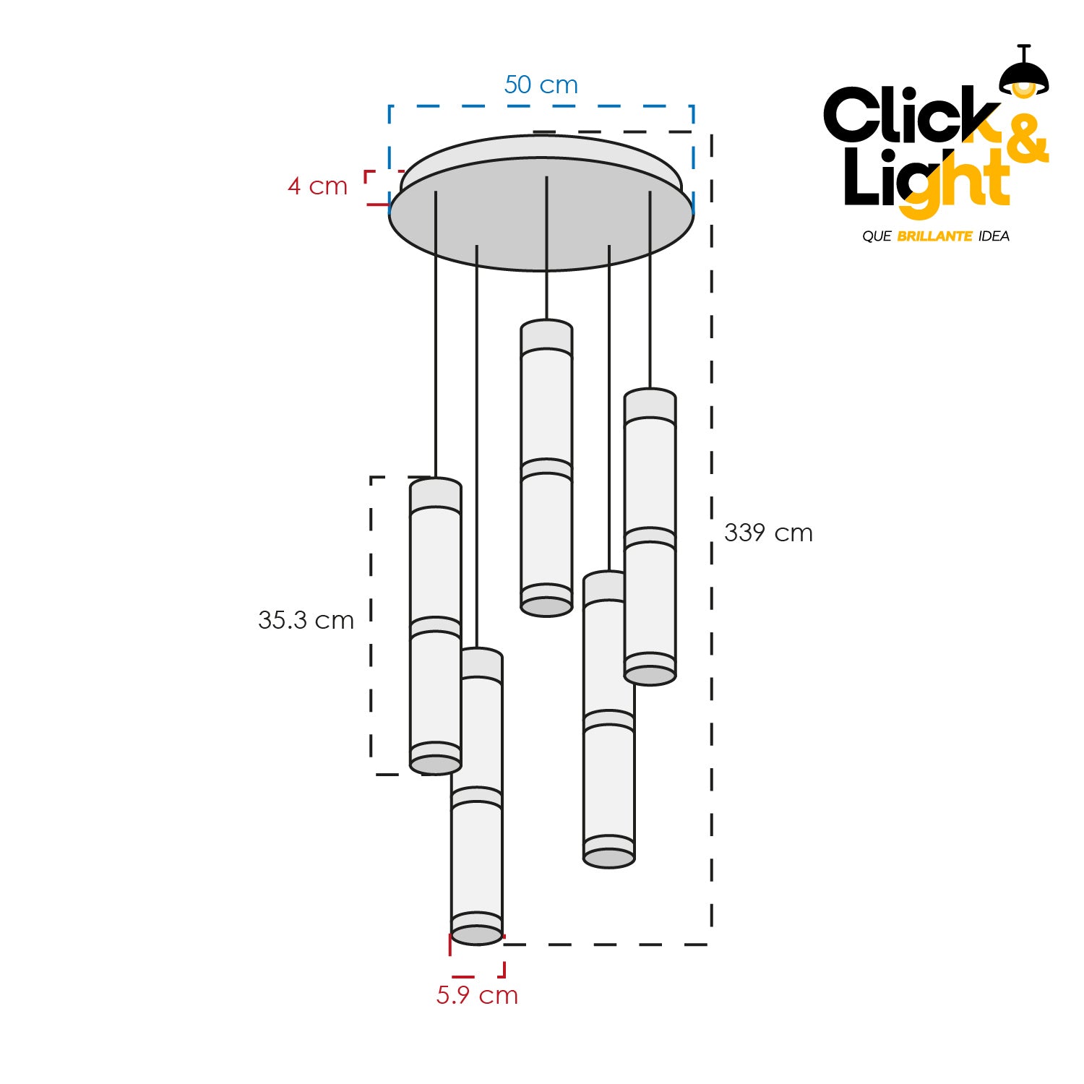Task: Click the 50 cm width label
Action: [x=541, y=85]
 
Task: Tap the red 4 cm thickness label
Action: [x=317, y=186]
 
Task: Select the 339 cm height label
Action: [x=768, y=533]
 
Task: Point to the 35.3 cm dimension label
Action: [x=306, y=620]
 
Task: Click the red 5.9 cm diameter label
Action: [x=477, y=995]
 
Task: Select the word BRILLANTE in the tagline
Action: [x=934, y=236]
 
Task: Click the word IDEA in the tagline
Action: [x=994, y=236]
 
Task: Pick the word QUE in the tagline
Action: [x=877, y=236]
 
